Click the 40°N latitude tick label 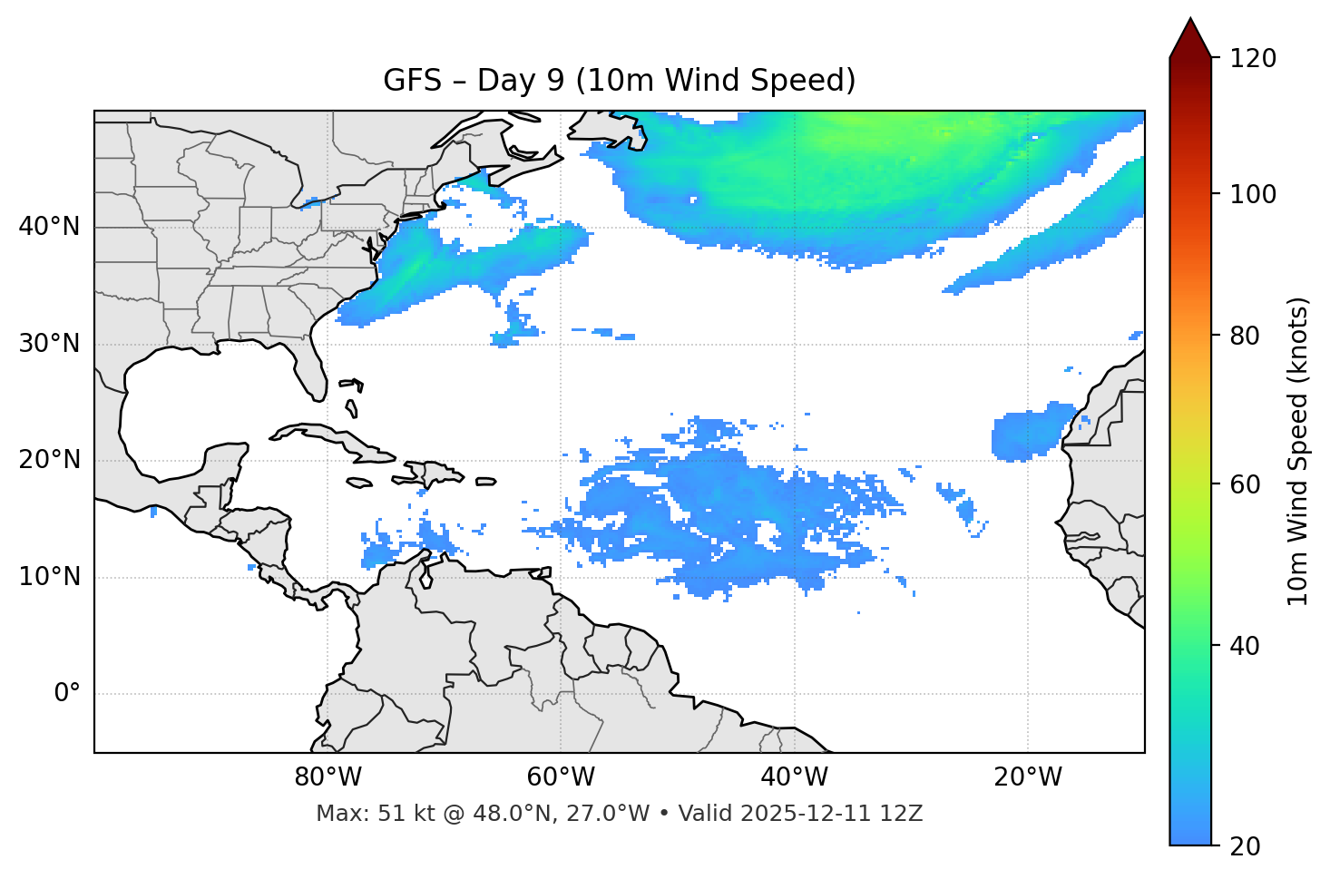point(49,227)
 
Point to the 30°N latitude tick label point(49,344)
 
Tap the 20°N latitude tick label point(49,460)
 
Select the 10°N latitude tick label point(49,577)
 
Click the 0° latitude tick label point(67,694)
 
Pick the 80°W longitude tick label point(328,777)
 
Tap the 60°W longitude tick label point(561,777)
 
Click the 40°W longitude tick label point(794,777)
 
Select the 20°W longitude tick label point(1027,777)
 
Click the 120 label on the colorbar point(1253,59)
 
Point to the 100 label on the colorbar point(1253,194)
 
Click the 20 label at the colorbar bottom point(1245,846)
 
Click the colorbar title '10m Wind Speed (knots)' point(1298,451)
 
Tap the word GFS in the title point(412,81)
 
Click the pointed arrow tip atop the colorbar point(1190,20)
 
